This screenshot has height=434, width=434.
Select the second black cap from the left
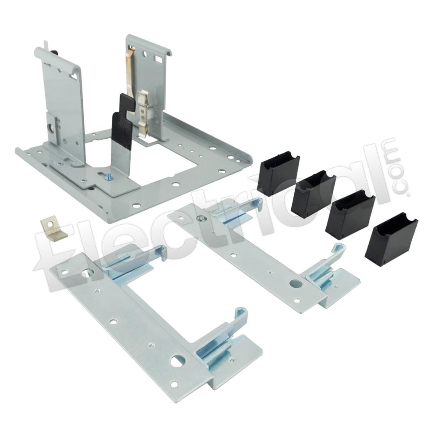[312, 194]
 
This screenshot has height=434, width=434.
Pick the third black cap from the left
[350, 214]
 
